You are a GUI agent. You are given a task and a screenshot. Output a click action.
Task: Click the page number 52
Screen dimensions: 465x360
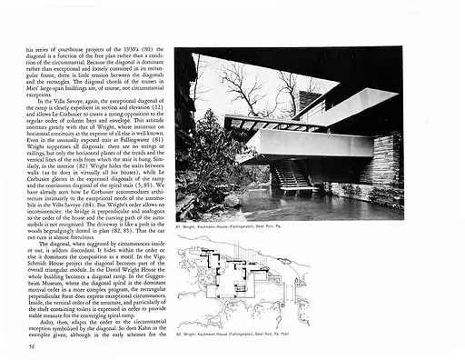click(x=33, y=345)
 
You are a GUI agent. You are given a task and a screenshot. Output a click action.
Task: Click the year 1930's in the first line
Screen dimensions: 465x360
click(x=121, y=49)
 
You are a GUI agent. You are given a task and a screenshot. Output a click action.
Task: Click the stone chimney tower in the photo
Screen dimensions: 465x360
click(x=312, y=100)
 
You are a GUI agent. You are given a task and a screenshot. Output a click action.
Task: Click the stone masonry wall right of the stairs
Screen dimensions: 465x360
click(x=387, y=159)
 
